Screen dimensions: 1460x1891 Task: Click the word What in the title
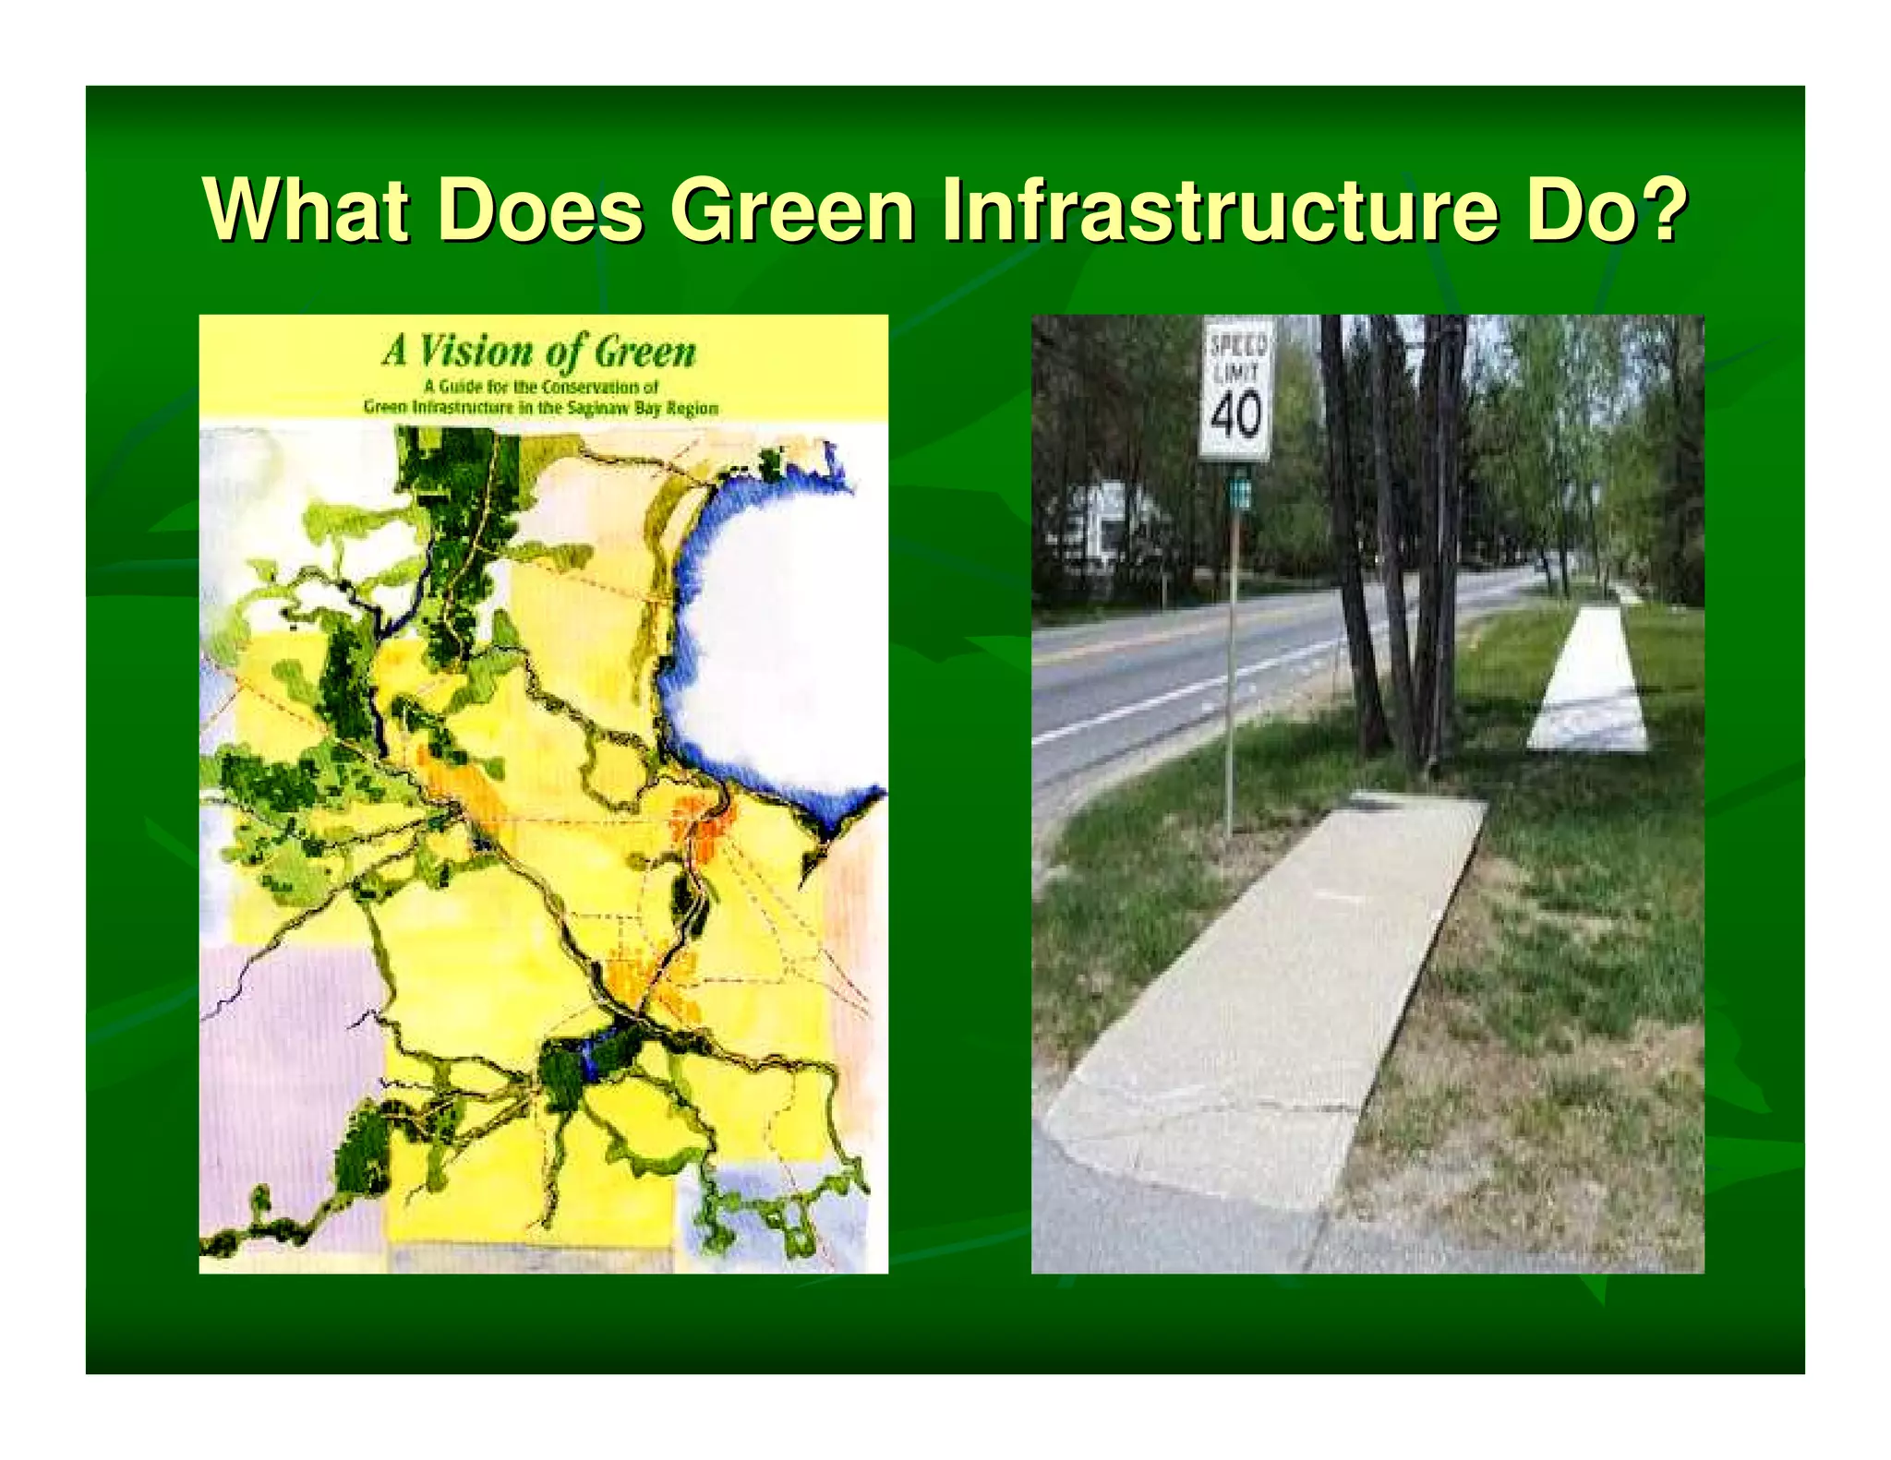tap(305, 210)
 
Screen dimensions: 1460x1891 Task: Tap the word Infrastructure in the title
tap(1219, 210)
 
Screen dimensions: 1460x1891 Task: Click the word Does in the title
tap(539, 210)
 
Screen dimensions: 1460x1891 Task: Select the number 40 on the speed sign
tap(1235, 415)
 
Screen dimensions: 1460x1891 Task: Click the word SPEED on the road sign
tap(1237, 345)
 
